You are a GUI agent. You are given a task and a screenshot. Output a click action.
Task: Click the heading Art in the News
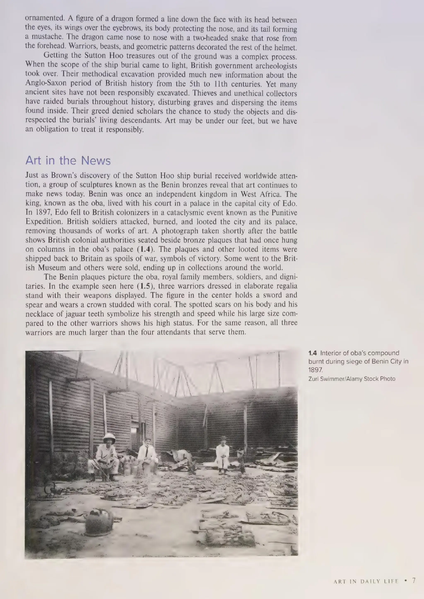(x=68, y=161)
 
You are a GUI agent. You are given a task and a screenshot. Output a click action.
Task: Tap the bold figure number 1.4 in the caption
(x=313, y=353)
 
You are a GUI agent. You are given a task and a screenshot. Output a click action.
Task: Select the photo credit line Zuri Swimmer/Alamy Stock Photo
(x=352, y=379)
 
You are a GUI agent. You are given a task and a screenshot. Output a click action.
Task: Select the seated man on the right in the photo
(x=222, y=456)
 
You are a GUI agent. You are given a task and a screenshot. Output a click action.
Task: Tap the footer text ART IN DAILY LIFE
(x=366, y=581)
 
